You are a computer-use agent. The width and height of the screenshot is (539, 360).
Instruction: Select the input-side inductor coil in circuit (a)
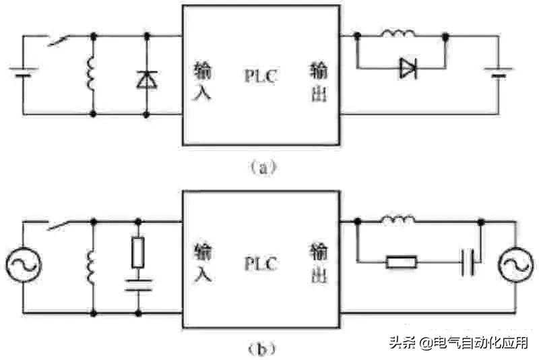[x=92, y=73]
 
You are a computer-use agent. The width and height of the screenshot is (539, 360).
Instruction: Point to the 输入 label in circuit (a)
[x=202, y=81]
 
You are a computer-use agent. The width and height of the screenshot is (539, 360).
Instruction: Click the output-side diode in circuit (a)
[x=407, y=67]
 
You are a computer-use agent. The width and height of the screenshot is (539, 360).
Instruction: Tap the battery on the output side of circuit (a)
[x=499, y=73]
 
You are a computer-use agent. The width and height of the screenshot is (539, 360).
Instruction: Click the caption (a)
[x=262, y=167]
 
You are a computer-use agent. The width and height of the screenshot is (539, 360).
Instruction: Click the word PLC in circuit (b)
[x=261, y=264]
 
